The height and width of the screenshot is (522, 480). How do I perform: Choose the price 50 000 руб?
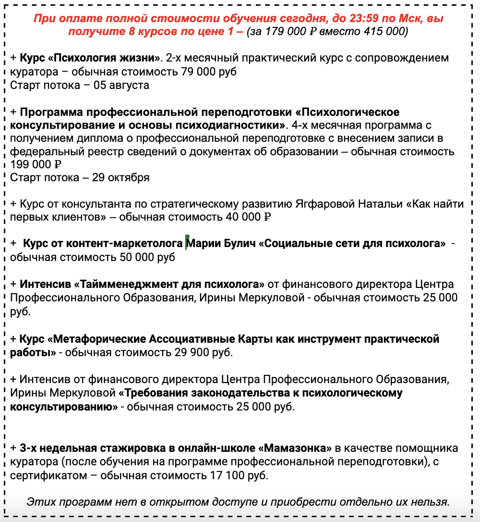coord(144,257)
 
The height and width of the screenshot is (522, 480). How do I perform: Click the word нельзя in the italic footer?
coord(430,502)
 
